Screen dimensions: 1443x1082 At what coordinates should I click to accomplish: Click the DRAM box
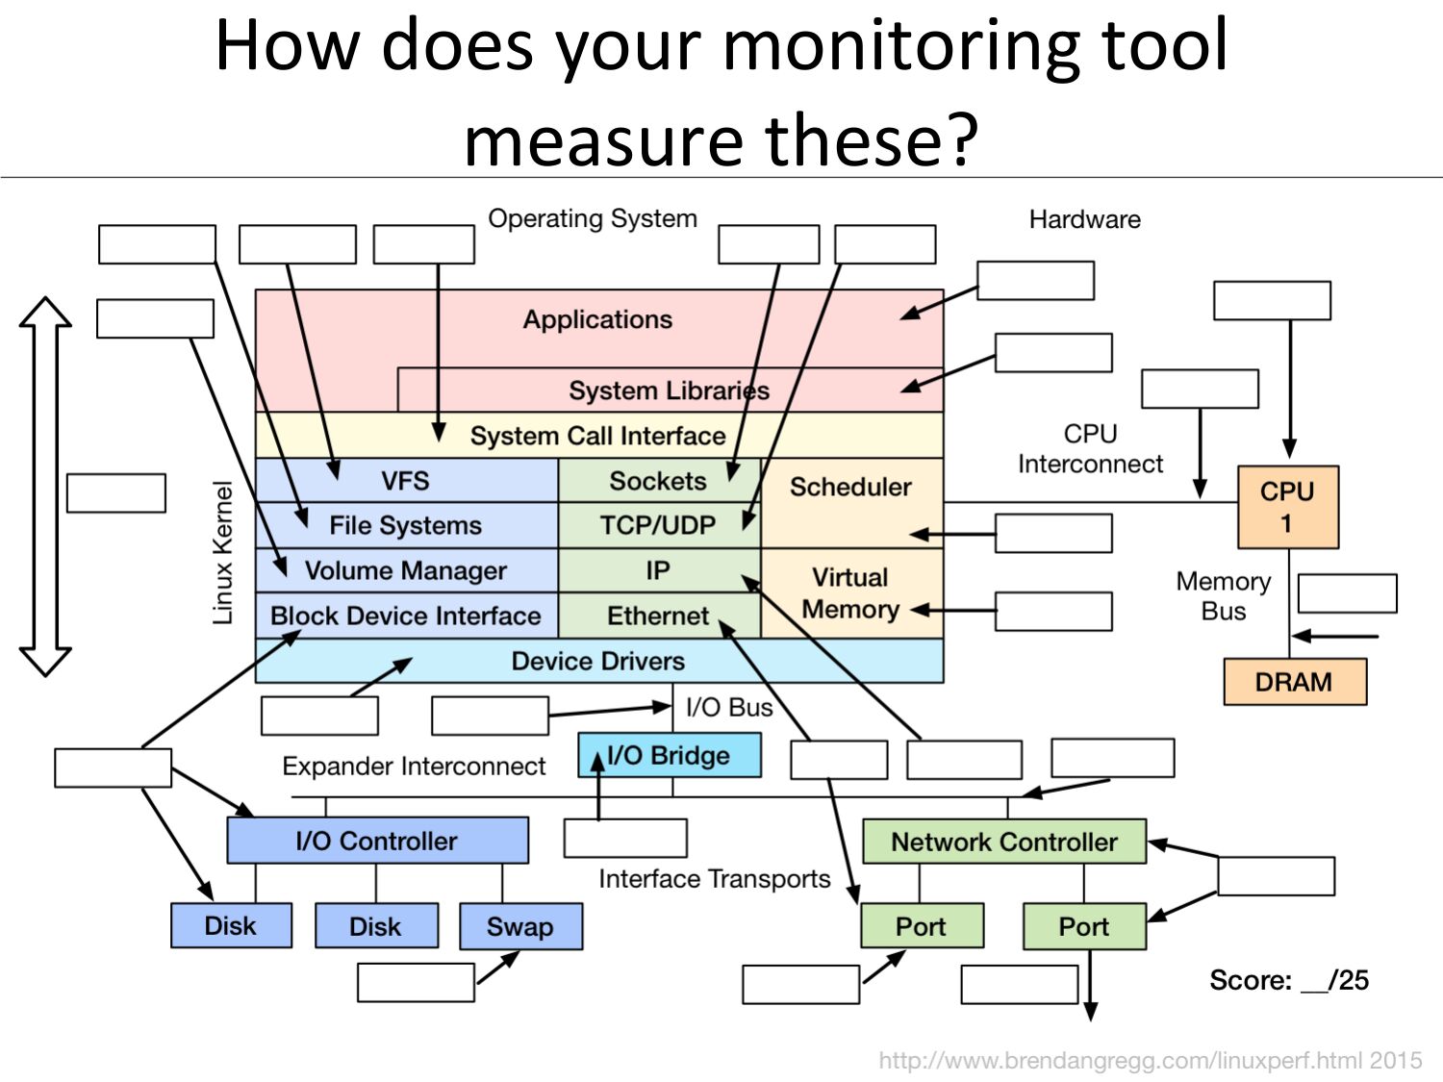(1295, 682)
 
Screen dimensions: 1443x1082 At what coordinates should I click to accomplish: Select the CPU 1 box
(1288, 507)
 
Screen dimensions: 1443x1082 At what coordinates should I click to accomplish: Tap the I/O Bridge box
(670, 756)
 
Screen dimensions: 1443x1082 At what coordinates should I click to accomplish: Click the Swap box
(520, 926)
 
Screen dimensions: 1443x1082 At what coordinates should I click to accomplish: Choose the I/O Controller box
(377, 841)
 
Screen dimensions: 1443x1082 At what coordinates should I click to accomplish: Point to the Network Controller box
(1004, 841)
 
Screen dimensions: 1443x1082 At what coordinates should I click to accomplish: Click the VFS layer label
(405, 481)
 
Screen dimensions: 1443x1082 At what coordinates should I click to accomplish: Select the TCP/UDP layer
(659, 525)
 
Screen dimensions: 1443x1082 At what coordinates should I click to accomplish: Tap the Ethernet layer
(659, 616)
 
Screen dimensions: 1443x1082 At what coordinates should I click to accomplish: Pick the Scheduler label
(850, 487)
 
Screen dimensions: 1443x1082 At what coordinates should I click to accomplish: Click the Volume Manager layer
(406, 570)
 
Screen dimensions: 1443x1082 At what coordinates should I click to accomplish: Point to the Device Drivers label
(598, 661)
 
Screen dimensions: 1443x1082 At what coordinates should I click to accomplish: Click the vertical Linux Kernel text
(223, 553)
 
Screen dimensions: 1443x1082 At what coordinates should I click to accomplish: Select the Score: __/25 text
(1289, 979)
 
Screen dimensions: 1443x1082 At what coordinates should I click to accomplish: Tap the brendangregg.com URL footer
(1151, 1060)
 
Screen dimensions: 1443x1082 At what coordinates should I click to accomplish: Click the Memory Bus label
(1224, 596)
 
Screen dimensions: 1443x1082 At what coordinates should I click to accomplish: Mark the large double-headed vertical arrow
(45, 486)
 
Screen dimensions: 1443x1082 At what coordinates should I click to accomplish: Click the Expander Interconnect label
(415, 766)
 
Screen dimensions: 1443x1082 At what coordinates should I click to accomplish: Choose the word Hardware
(1085, 219)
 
